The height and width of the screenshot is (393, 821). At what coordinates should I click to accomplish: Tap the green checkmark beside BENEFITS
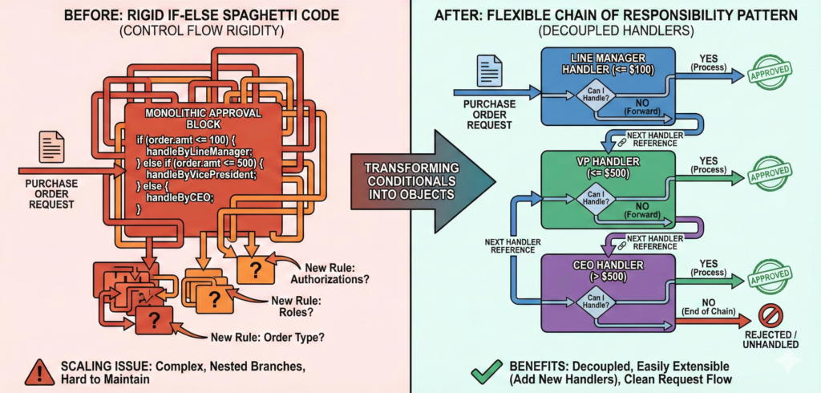483,368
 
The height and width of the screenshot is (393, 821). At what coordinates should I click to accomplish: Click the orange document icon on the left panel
51,147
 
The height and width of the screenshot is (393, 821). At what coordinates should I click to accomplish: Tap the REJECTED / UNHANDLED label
768,339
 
